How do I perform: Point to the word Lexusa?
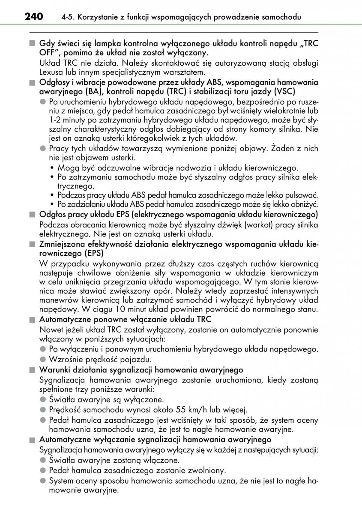(51, 71)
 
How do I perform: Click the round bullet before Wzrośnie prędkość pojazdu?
(42, 360)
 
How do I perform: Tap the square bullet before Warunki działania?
(31, 370)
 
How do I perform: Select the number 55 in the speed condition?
(182, 410)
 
